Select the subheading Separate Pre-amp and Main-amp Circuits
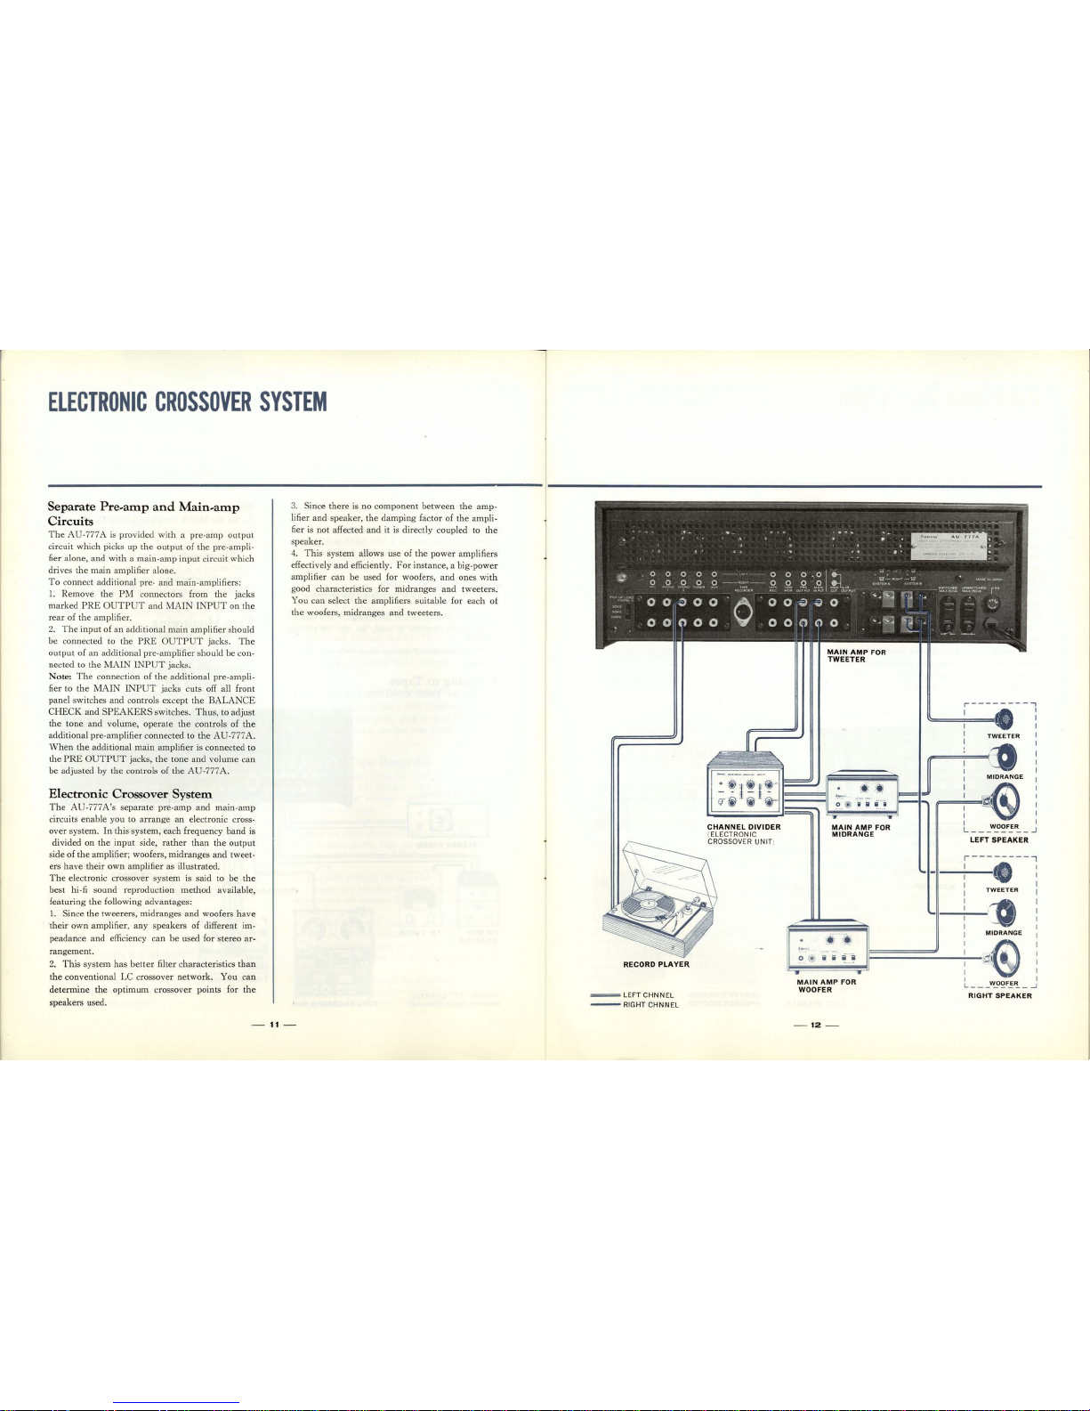click(142, 514)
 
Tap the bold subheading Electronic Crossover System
click(130, 793)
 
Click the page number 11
click(276, 1024)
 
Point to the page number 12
click(816, 1024)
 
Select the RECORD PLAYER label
click(656, 964)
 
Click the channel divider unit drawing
click(744, 785)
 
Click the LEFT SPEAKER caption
click(999, 839)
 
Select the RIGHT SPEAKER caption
click(1000, 996)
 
